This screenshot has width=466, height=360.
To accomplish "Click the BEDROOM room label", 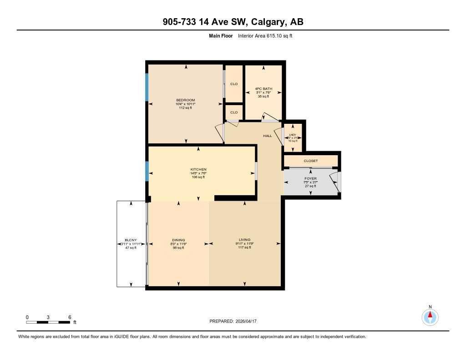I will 185,100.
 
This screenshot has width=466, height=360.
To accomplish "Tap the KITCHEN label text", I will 198,169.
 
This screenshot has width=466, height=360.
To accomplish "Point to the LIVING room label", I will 245,240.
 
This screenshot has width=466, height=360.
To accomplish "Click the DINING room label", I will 178,240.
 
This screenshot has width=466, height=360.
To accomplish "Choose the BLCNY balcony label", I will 131,240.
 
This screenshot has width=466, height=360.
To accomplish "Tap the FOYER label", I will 310,179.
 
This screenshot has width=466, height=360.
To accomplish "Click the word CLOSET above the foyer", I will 311,161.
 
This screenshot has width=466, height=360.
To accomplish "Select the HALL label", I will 267,136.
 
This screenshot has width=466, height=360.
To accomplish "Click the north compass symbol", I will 430,316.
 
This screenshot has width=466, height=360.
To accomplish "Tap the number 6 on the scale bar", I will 70,317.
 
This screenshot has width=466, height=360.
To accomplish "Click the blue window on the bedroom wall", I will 147,87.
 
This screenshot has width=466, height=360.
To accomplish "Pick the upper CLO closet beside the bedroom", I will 234,84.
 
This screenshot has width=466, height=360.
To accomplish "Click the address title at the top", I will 233,22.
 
